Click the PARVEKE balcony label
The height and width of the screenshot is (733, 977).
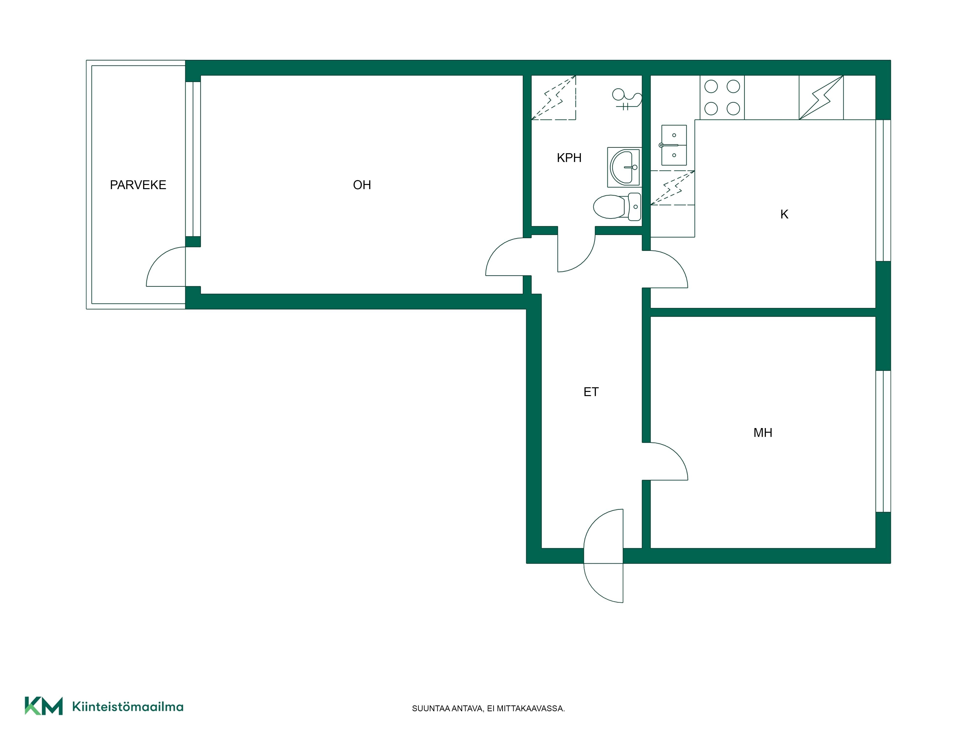[x=138, y=185]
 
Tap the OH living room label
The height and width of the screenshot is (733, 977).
[x=362, y=185]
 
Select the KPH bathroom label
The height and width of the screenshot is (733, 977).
[x=569, y=158]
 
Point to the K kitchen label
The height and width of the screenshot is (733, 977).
[x=784, y=214]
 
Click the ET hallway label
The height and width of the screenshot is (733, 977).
[x=591, y=392]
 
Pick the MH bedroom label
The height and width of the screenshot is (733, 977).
[x=763, y=432]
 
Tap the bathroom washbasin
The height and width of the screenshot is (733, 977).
[x=624, y=167]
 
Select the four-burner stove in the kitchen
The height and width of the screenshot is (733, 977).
[x=722, y=98]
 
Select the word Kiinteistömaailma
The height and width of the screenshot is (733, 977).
[x=128, y=707]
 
